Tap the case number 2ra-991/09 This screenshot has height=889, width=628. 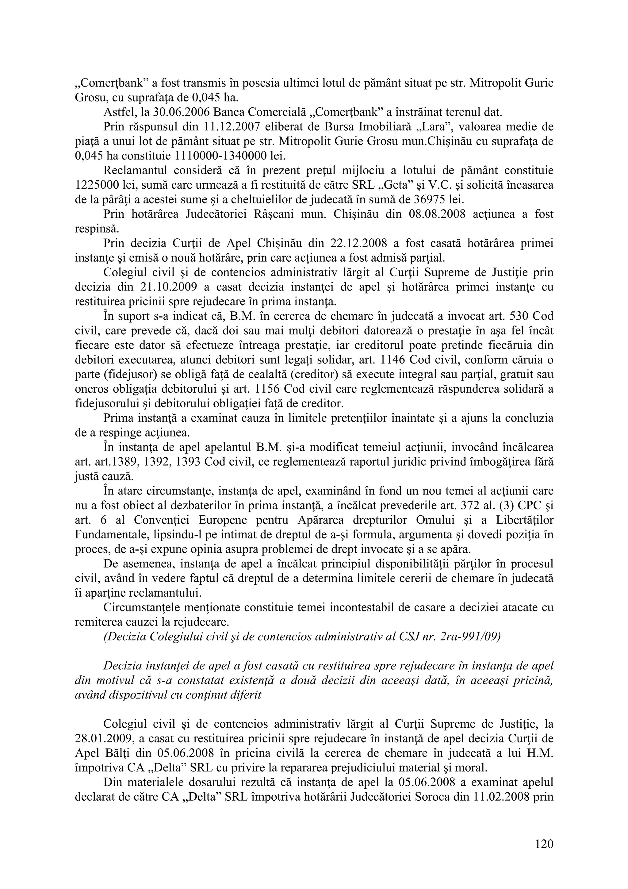click(470, 637)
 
